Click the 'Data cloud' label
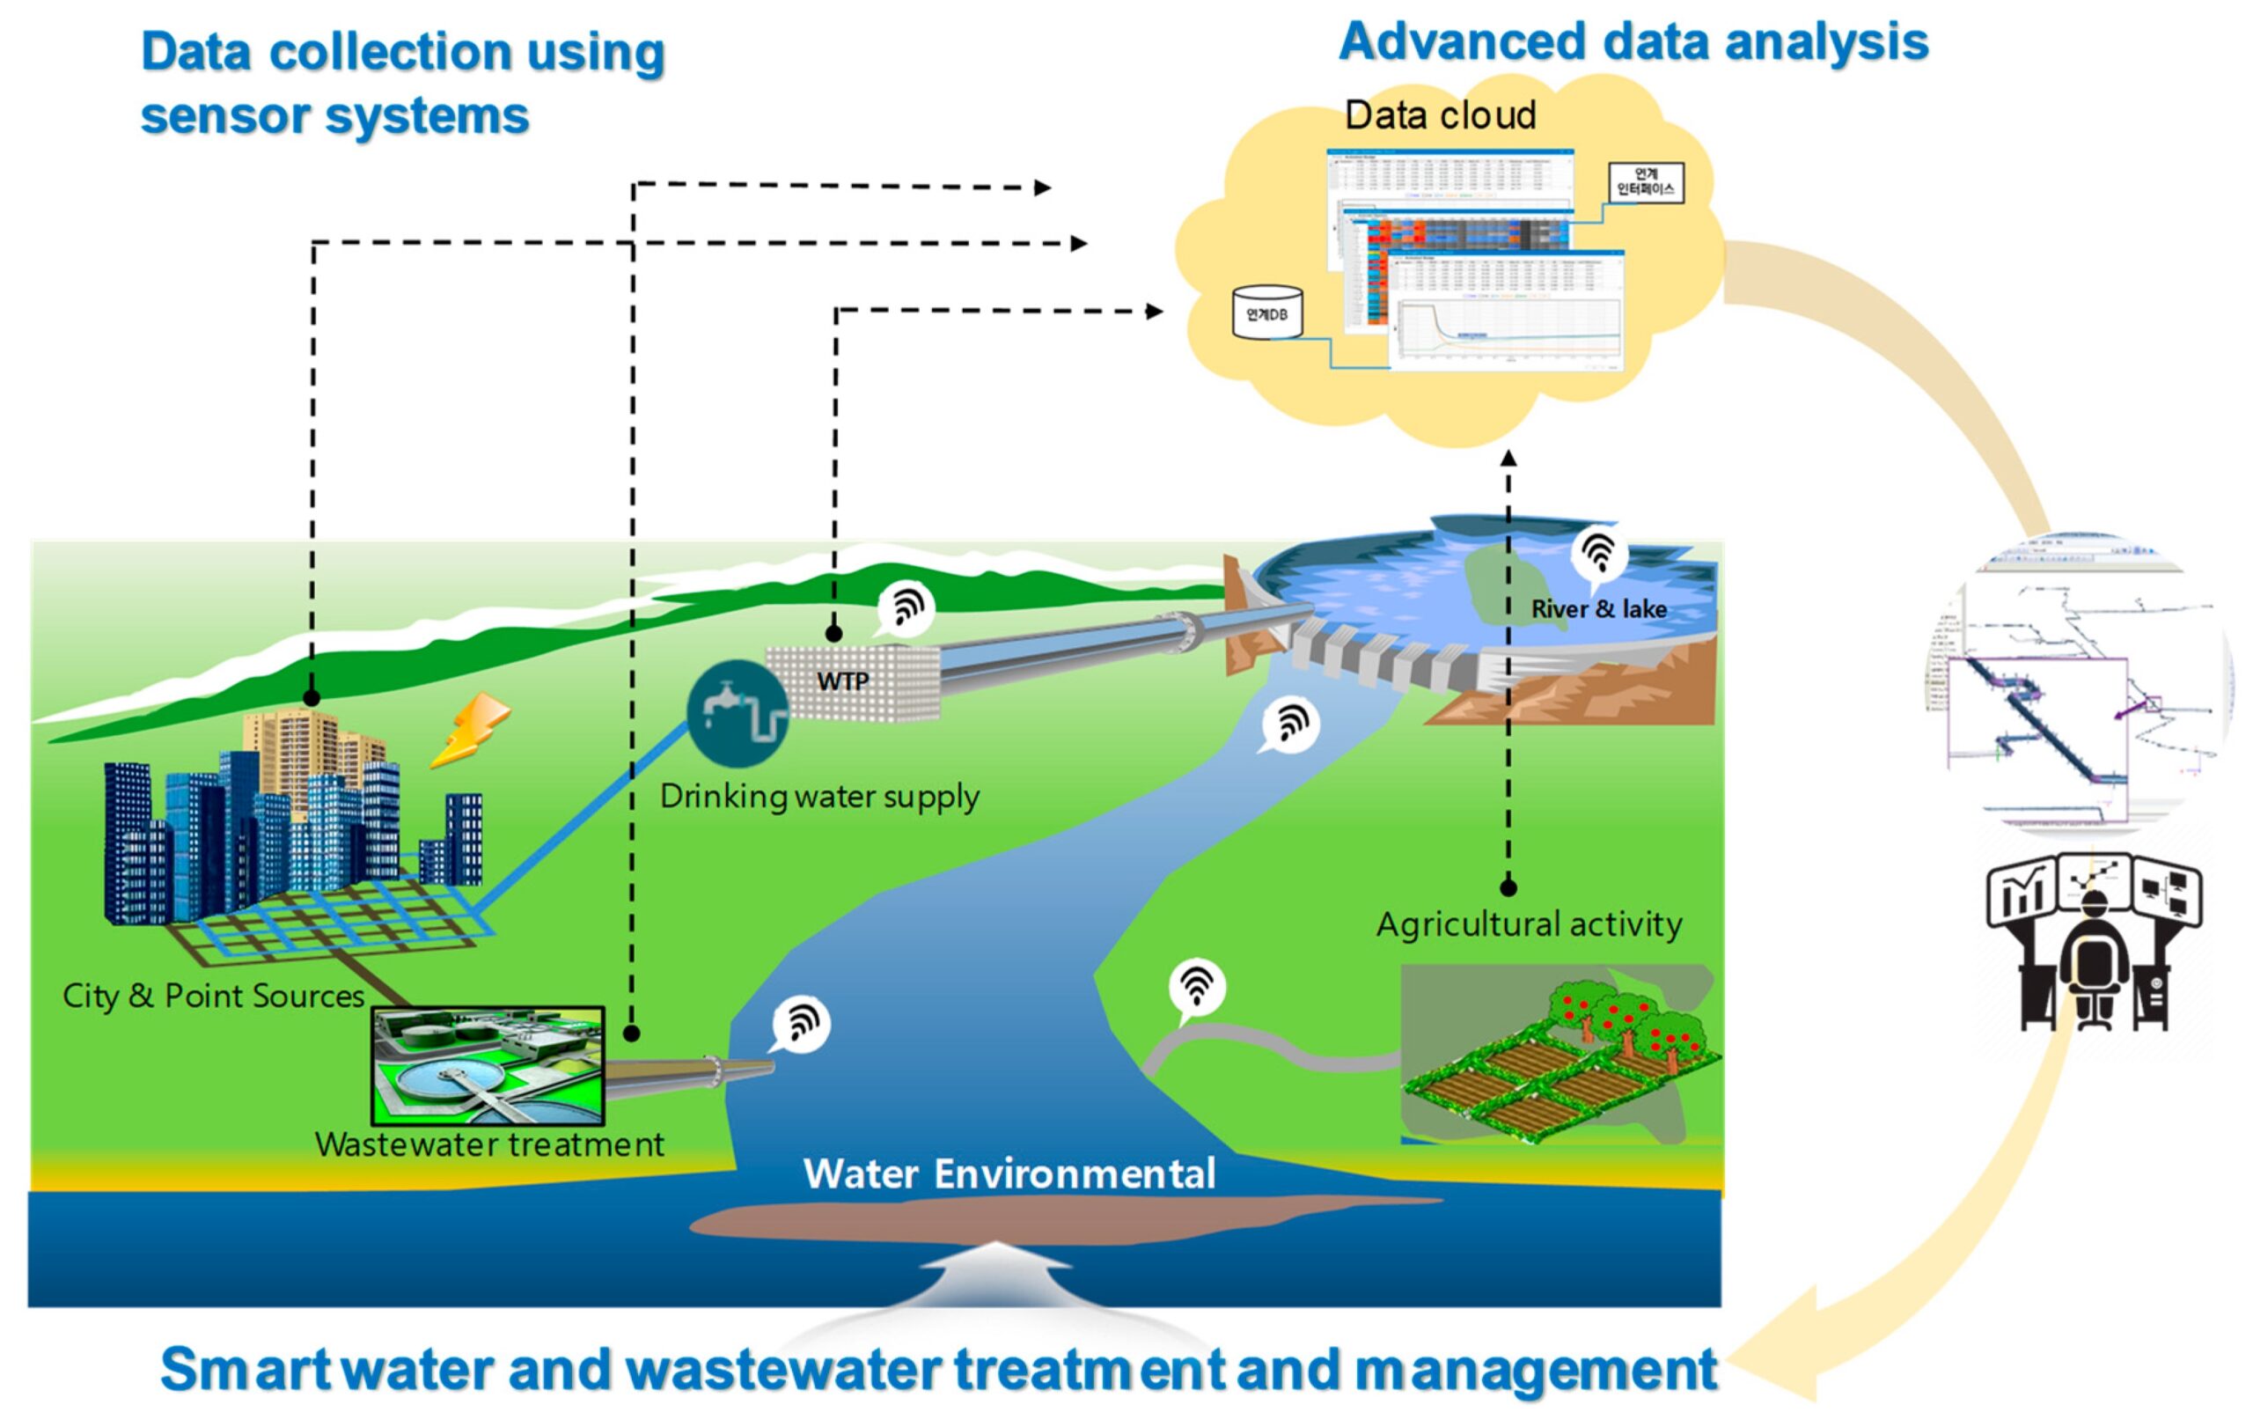click(x=1439, y=115)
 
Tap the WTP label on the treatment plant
click(x=842, y=681)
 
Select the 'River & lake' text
click(x=1598, y=609)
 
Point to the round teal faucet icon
click(x=737, y=713)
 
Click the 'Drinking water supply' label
click(x=818, y=798)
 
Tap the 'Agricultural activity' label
click(x=1528, y=924)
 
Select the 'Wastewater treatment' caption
click(x=488, y=1144)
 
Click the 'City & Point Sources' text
click(x=213, y=996)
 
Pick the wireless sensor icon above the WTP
click(x=906, y=607)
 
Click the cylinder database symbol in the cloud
click(x=1266, y=312)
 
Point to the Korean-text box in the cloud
click(x=1645, y=181)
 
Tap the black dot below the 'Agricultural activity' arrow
click(x=1508, y=887)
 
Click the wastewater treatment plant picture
click(x=488, y=1065)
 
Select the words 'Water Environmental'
click(x=1009, y=1173)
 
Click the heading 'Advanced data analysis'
click(x=1633, y=42)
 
